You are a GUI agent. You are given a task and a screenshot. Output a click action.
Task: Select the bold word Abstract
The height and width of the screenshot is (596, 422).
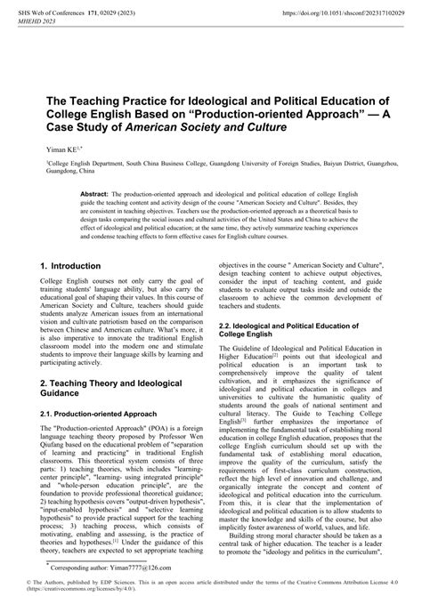pyautogui.click(x=94, y=192)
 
